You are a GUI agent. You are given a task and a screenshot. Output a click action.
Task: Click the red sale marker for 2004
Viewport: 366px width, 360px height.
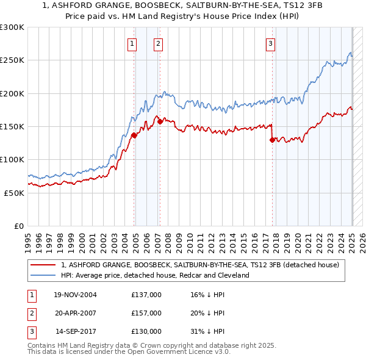tap(134, 135)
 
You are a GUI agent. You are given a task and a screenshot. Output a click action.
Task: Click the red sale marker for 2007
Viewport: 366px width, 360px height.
tap(160, 121)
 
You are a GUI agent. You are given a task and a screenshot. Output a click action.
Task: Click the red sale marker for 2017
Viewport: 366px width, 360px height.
tap(272, 140)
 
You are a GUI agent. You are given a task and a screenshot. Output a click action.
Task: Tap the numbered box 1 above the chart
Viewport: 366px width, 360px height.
tap(132, 43)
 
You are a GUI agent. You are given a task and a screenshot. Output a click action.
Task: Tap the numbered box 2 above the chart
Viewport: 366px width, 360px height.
tap(158, 43)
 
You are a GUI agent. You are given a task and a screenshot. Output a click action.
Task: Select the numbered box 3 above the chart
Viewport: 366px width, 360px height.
tap(270, 43)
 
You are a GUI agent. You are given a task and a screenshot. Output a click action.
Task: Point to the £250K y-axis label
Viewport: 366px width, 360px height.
tap(12, 60)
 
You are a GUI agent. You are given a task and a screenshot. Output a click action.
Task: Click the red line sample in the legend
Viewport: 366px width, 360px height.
tap(43, 265)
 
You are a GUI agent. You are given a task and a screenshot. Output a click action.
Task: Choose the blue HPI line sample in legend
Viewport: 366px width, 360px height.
tap(43, 275)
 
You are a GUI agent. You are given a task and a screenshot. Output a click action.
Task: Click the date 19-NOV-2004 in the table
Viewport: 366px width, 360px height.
tap(75, 295)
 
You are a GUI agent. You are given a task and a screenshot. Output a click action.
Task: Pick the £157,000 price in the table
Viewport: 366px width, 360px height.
tap(146, 313)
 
